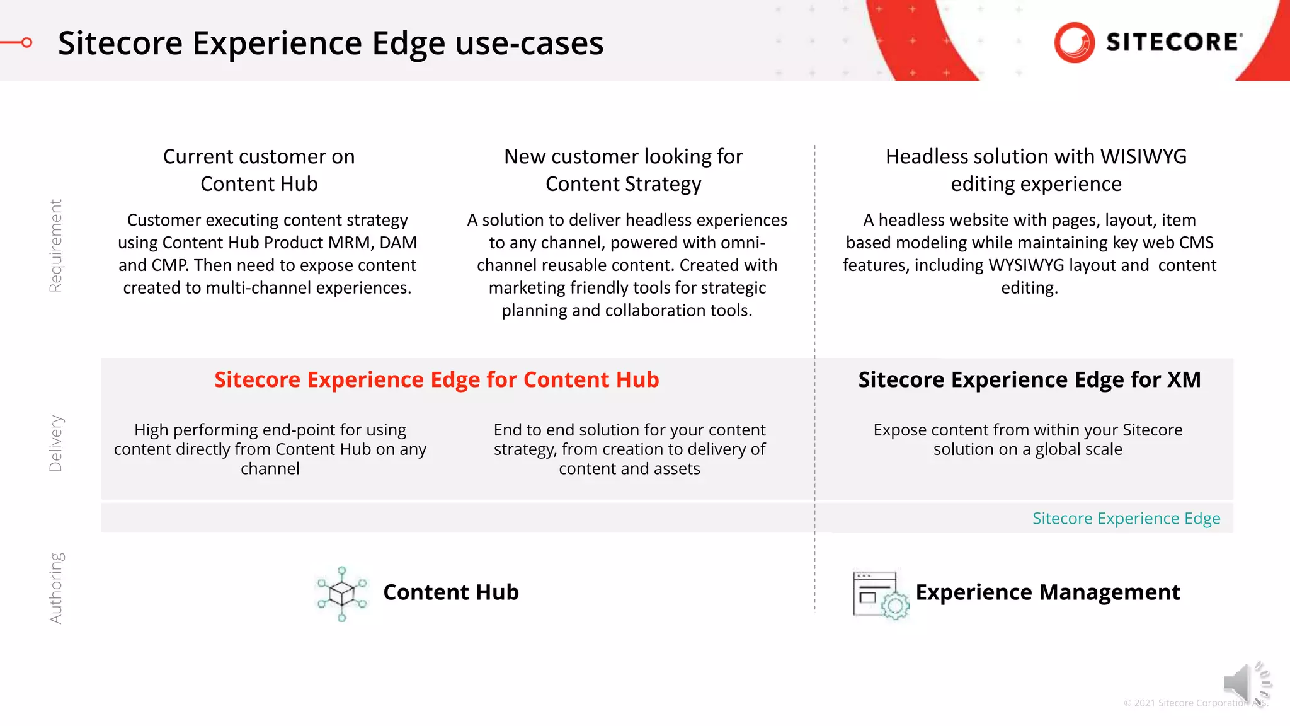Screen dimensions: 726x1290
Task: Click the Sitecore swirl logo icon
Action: [1074, 42]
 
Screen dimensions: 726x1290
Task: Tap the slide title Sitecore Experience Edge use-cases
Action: [331, 43]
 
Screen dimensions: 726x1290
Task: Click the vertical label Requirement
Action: [55, 246]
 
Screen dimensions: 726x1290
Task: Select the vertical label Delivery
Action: [55, 443]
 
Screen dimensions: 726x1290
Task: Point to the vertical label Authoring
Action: [55, 588]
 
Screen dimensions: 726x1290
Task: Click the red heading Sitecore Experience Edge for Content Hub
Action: [437, 379]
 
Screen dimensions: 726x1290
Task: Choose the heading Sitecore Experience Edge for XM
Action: [1029, 379]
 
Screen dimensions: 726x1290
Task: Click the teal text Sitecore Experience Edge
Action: [1126, 518]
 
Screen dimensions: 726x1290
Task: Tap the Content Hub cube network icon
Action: [342, 593]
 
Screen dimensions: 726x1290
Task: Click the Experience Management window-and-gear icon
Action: [880, 595]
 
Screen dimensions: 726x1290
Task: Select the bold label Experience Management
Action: [1047, 592]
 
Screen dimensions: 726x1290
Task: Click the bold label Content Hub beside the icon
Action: [451, 592]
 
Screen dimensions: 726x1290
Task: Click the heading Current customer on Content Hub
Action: [259, 170]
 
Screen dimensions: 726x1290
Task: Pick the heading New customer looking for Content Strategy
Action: [623, 170]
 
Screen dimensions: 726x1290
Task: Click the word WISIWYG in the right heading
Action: [1143, 156]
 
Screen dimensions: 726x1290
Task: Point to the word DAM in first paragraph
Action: [398, 243]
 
